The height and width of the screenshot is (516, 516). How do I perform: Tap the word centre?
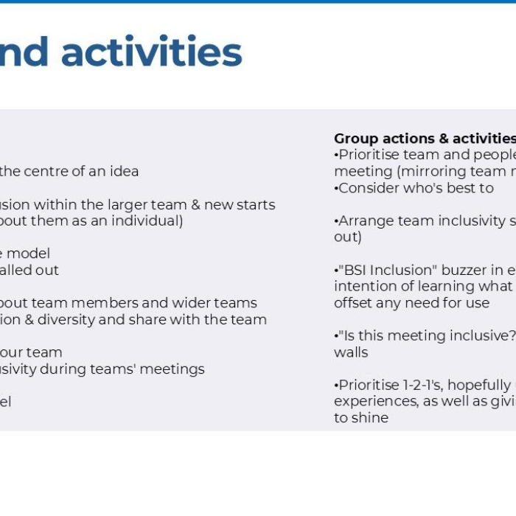[53, 171]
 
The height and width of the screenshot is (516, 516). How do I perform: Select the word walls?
[351, 352]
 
